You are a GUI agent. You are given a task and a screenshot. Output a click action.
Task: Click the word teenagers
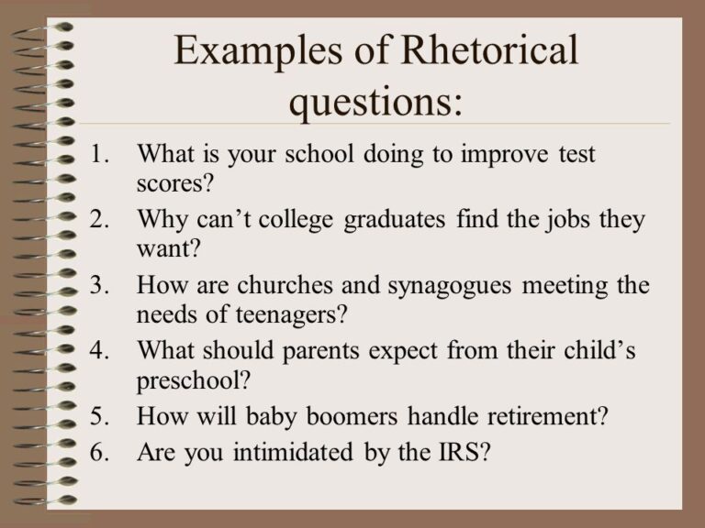click(x=283, y=313)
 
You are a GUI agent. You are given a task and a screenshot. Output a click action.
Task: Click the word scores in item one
click(x=172, y=182)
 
